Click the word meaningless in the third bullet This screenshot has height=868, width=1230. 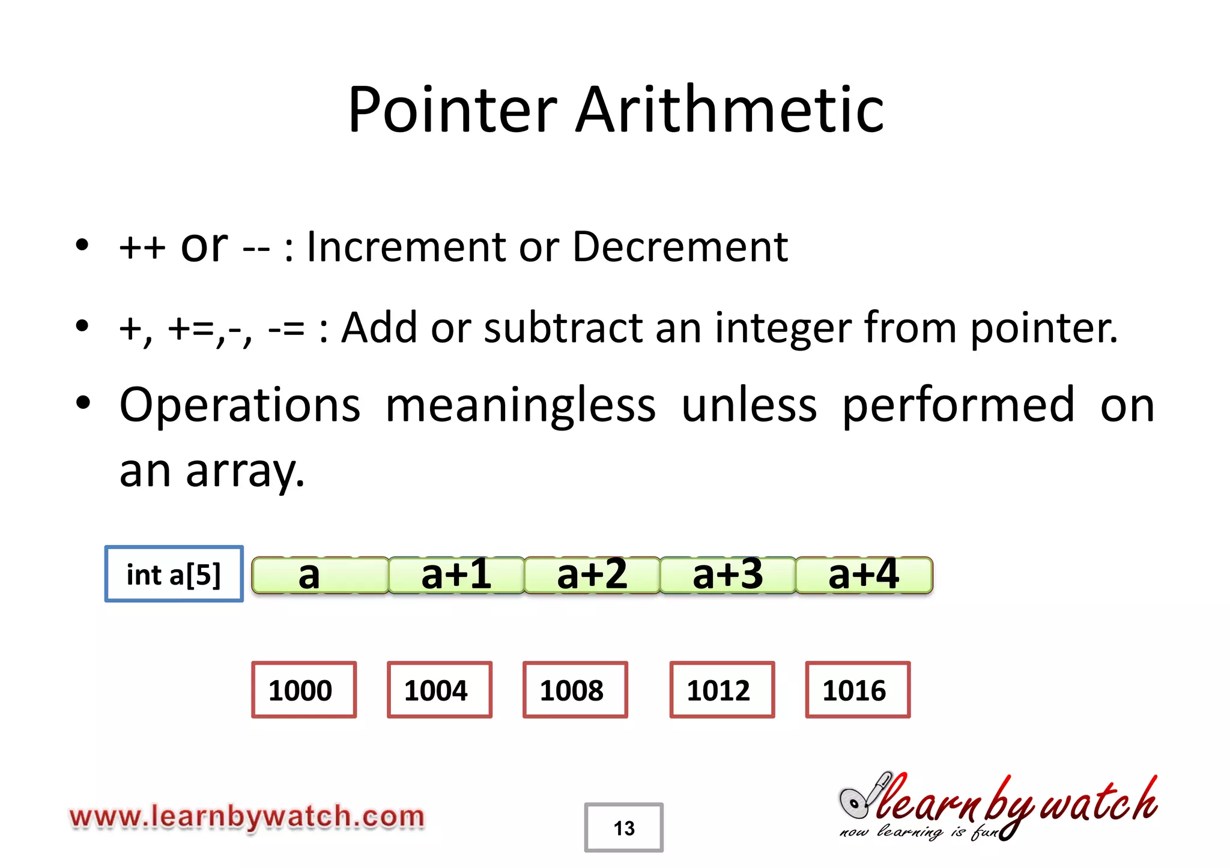(520, 405)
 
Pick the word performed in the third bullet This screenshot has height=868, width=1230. (958, 405)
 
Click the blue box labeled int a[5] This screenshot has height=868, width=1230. (174, 574)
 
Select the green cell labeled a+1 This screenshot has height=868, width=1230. (456, 575)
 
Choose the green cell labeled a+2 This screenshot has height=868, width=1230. (592, 575)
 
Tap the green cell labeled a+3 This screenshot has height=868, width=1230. (728, 575)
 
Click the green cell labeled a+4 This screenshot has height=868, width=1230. (864, 575)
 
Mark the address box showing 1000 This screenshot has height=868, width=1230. (304, 690)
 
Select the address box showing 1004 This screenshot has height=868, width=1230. (440, 690)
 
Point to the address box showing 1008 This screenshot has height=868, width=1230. (575, 690)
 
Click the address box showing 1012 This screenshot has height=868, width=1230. (722, 690)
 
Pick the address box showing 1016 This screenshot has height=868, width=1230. (858, 690)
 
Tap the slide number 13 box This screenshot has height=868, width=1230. (624, 828)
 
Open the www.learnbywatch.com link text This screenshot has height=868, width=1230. (247, 817)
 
